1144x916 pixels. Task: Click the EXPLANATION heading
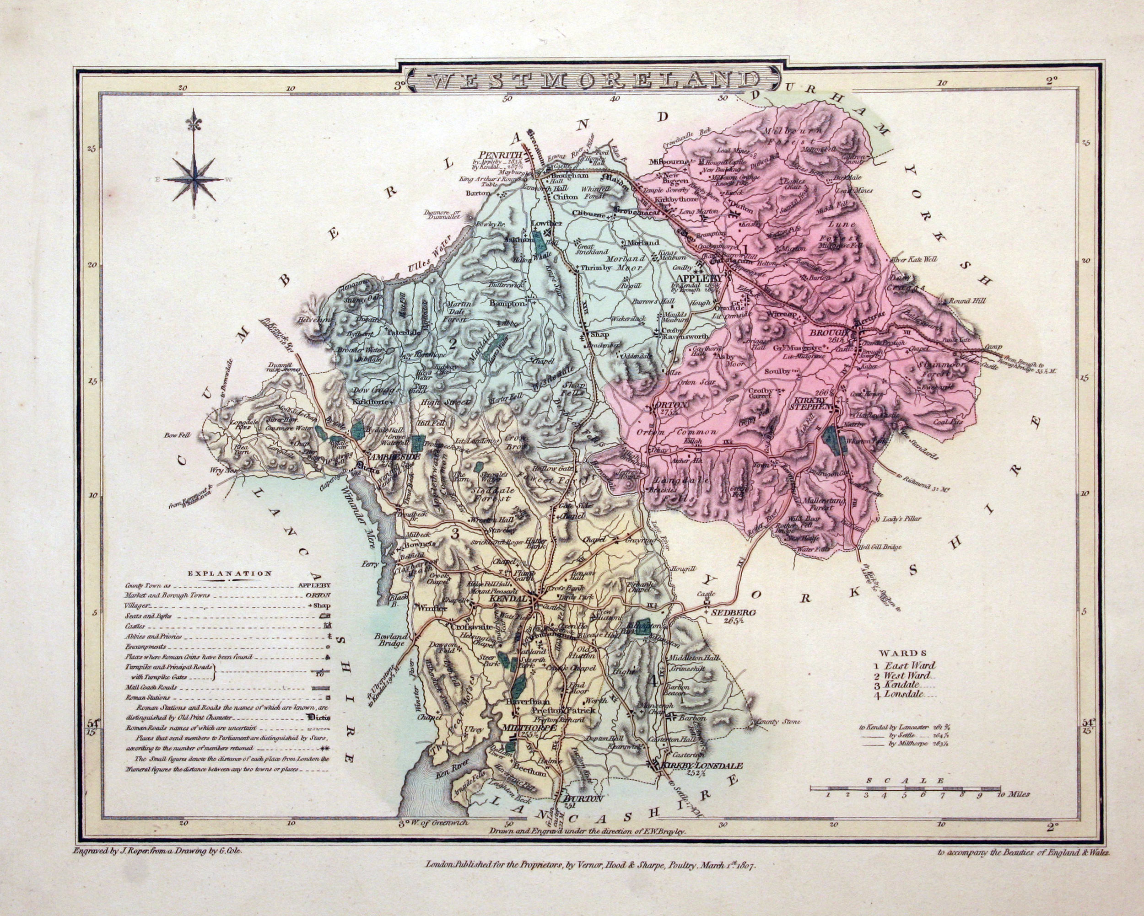pos(229,573)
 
